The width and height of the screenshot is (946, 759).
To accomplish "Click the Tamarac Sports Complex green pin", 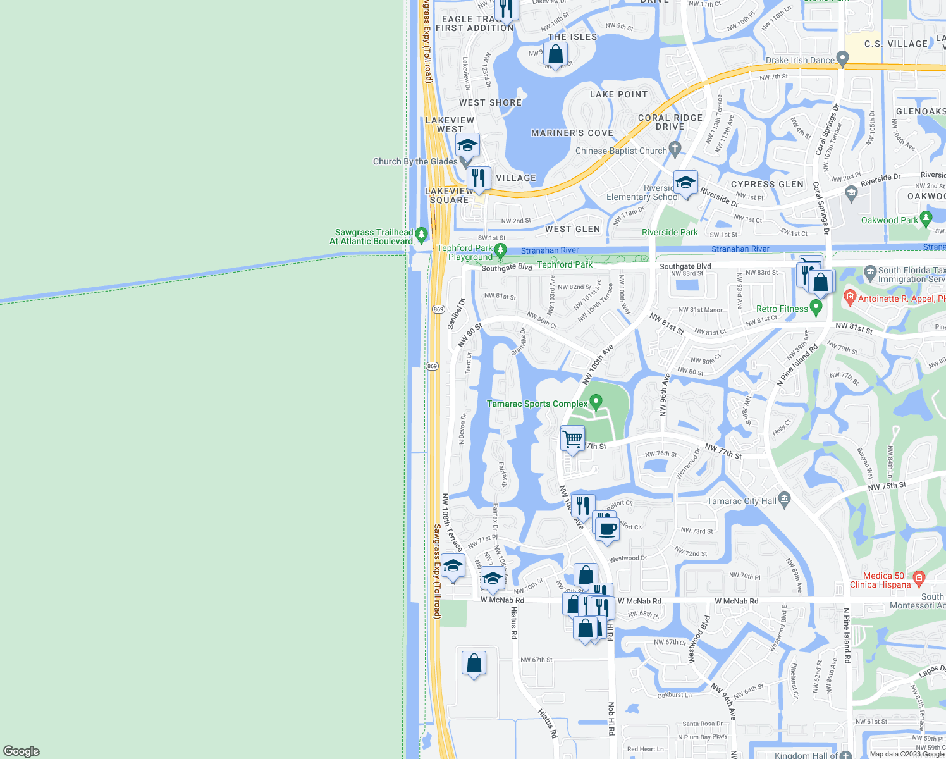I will coord(596,402).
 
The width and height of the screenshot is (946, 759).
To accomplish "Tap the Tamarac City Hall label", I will coord(741,501).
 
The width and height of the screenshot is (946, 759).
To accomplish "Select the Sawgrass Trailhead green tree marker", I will coord(422,235).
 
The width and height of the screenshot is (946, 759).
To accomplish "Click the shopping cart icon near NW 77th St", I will coord(572,438).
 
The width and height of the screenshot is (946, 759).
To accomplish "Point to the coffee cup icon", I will coord(607,528).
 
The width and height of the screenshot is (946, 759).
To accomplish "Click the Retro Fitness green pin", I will coord(816,308).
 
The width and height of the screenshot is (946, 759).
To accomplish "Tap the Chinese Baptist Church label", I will coord(621,151).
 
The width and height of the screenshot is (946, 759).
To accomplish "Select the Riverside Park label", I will coord(670,232).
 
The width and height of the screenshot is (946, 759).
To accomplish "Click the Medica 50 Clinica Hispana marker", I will coord(919,577).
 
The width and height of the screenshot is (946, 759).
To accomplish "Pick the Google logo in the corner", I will coord(21,751).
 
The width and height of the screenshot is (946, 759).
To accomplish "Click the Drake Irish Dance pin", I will coord(842,58).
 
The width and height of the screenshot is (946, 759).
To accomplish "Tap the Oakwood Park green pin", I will coord(926,219).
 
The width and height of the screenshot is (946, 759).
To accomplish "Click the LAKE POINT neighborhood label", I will coord(618,94).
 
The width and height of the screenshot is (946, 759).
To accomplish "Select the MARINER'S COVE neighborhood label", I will coord(572,133).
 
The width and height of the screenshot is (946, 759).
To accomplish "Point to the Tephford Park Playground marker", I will coord(500,250).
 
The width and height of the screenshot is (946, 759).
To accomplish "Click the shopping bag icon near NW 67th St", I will coord(474,663).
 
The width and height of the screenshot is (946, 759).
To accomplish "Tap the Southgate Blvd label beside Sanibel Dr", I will coord(507,268).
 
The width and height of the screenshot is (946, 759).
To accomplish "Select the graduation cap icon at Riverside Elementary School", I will coord(685,183).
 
